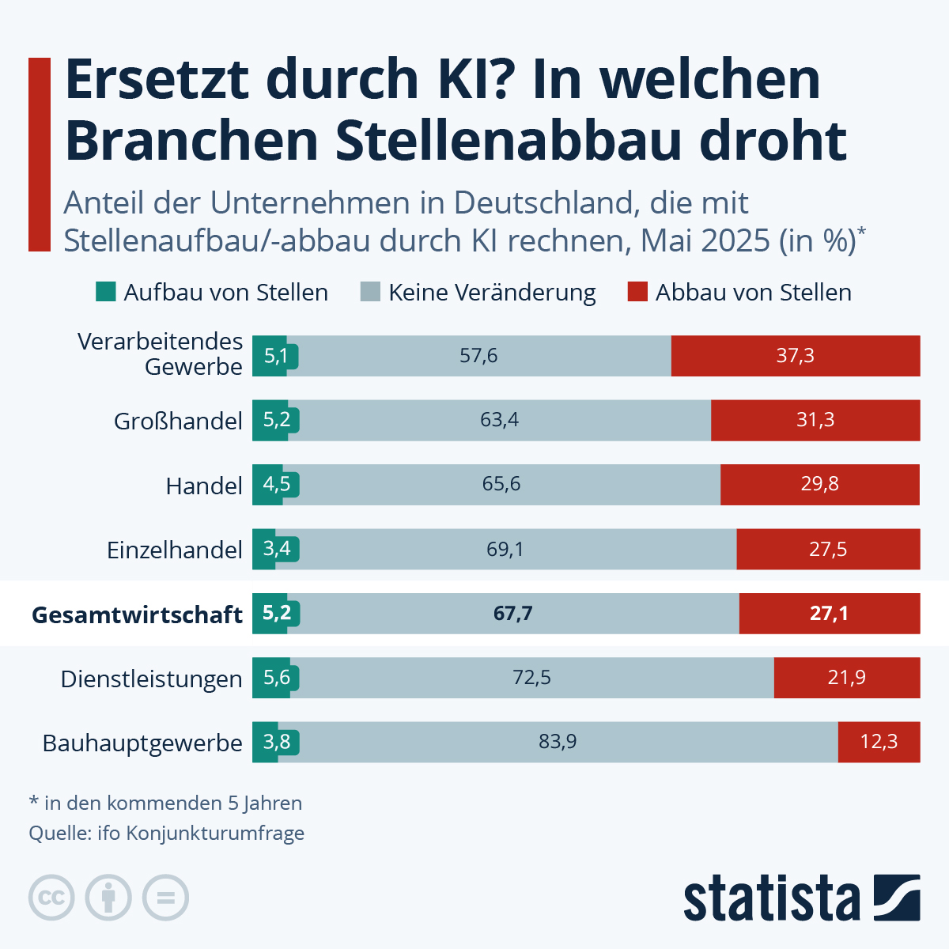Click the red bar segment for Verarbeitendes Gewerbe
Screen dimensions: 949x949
pos(795,356)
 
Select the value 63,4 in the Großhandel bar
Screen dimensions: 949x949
pos(499,420)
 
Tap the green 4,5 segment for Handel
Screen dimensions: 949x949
pos(276,484)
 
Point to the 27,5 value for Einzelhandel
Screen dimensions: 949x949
pos(827,549)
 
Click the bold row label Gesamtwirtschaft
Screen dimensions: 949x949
pos(137,614)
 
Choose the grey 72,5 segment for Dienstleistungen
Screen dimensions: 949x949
pos(531,678)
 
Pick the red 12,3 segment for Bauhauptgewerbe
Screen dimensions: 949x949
pos(879,742)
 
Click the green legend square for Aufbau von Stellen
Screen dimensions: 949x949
pos(105,293)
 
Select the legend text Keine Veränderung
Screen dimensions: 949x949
pos(492,293)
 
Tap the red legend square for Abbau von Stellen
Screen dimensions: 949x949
pos(637,293)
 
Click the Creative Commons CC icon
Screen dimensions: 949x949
pos(51,898)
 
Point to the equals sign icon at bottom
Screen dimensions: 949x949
pos(165,898)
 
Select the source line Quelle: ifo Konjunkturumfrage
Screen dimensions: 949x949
pos(167,833)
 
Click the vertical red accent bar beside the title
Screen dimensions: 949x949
pos(40,154)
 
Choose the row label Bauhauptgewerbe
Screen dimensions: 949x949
pos(142,743)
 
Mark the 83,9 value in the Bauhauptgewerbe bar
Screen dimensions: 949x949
pos(558,742)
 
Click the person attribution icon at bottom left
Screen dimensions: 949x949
pos(108,898)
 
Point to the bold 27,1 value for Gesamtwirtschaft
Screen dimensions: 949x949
pos(828,614)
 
